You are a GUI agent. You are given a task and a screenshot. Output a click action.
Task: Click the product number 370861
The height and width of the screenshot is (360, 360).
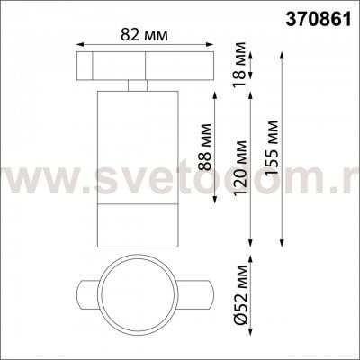pyautogui.click(x=319, y=21)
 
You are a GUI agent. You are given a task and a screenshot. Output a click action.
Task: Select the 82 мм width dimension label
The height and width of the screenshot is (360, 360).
pyautogui.click(x=144, y=35)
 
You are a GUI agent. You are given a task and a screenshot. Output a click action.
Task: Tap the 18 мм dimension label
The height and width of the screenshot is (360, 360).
pyautogui.click(x=240, y=64)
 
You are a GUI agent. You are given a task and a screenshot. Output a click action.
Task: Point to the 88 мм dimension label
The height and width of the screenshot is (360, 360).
pyautogui.click(x=205, y=147)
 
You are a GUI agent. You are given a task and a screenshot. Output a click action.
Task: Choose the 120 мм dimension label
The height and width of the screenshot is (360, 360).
pyautogui.click(x=240, y=168)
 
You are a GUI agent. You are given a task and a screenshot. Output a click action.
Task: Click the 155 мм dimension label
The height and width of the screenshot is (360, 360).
pyautogui.click(x=272, y=148)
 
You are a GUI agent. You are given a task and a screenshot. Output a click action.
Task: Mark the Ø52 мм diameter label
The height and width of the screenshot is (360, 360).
pyautogui.click(x=240, y=294)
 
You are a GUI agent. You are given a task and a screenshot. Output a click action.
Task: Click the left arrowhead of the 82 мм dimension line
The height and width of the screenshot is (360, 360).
pyautogui.click(x=79, y=44)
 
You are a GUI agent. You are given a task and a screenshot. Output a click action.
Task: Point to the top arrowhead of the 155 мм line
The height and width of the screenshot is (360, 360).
pyautogui.click(x=282, y=55)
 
